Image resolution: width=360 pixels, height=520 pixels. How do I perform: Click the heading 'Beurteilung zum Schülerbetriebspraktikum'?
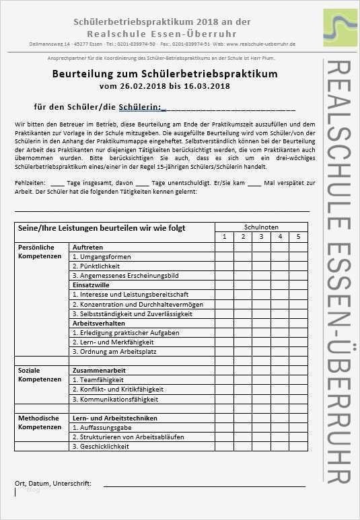(164, 73)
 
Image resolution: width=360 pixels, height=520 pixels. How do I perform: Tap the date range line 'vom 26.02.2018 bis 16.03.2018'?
(164, 86)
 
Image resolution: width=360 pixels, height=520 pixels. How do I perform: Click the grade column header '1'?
(224, 237)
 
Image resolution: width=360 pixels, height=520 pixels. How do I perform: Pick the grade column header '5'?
(297, 237)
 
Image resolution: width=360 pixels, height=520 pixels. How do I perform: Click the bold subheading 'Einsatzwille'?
(91, 285)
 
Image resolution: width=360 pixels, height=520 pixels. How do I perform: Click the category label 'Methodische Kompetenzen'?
(35, 422)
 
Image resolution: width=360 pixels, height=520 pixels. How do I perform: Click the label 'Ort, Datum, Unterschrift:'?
(53, 483)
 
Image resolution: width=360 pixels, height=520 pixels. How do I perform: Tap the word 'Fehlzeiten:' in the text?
(30, 183)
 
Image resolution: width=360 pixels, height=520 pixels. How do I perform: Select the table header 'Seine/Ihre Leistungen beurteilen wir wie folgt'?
(101, 229)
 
